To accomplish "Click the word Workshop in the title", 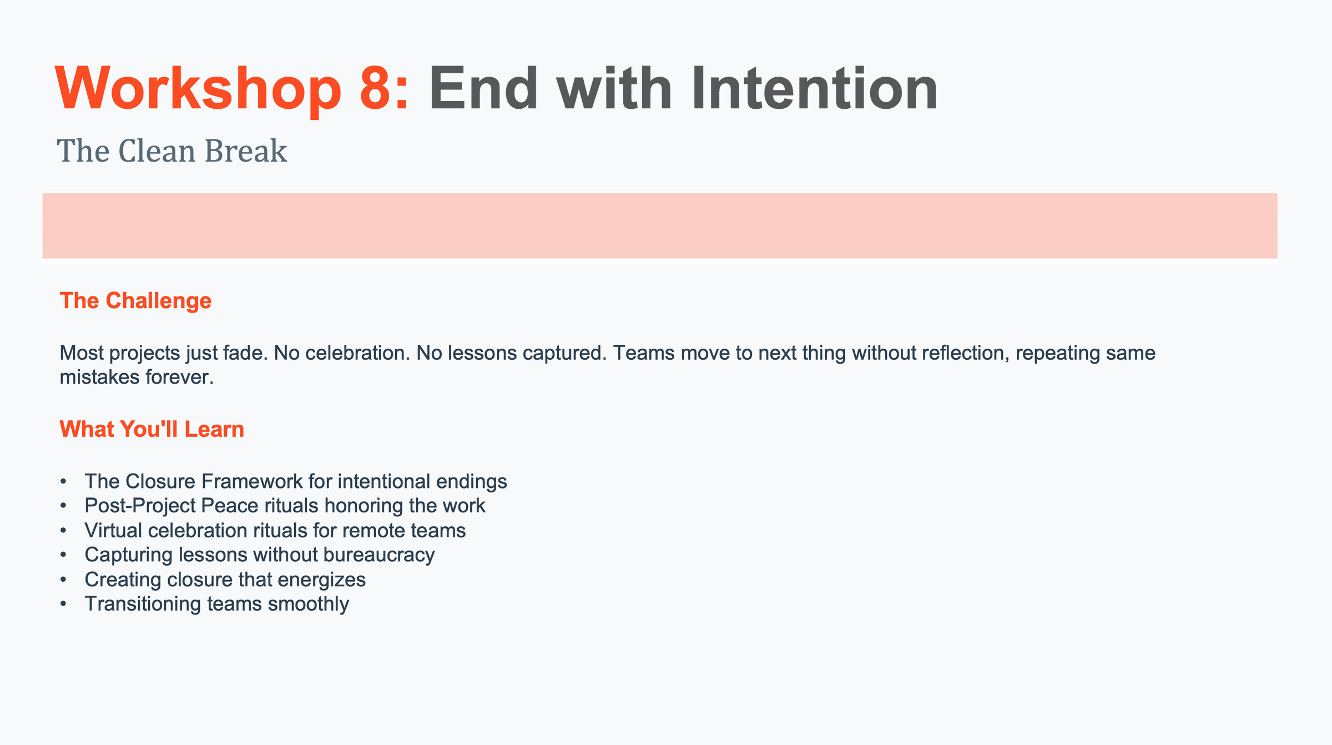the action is pos(198,89).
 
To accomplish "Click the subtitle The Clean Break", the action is pos(172,151).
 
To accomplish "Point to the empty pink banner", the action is pos(660,226).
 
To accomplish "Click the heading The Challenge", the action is pos(135,300).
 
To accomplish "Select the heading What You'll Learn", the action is pos(152,429).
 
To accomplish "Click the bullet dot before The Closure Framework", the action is pos(64,481).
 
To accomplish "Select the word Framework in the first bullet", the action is pos(251,481).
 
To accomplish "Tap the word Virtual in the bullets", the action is pos(113,530).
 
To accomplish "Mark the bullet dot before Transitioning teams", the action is pos(64,604).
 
